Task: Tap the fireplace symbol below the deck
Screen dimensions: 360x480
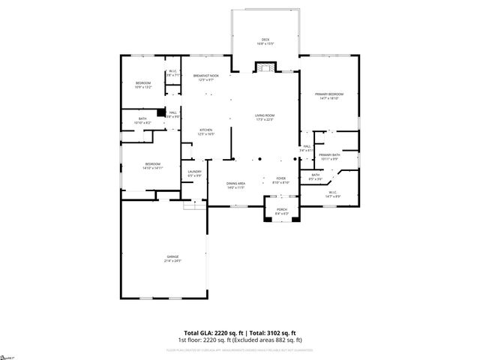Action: [265, 68]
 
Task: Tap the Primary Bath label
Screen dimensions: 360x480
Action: [329, 156]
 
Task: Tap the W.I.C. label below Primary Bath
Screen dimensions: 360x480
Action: [334, 194]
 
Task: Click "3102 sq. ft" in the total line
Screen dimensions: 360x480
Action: [281, 332]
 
